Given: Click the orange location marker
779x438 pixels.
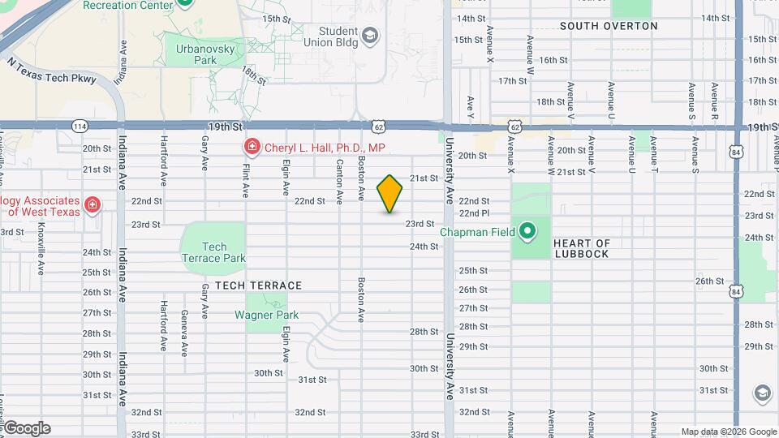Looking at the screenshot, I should point(390,194).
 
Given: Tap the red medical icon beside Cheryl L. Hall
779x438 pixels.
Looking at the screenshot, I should point(252,148).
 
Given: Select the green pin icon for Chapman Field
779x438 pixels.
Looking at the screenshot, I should point(527,233).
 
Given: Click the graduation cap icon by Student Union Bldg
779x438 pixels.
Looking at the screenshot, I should point(370,36).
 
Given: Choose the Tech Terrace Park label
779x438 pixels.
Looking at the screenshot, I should point(214,252).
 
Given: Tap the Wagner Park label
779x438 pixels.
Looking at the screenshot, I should point(266,316).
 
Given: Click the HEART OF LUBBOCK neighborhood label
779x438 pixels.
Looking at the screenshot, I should point(581,248).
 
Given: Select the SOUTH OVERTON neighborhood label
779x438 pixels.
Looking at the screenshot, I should point(609,26).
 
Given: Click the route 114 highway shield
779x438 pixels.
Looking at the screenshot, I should point(80,127).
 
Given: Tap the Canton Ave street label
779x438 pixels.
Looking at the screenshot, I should point(338,176).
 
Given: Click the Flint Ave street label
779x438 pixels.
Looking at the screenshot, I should point(245,178).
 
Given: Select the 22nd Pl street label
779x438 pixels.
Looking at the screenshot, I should point(474,213).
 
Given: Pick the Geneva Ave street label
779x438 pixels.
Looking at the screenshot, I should point(184,333).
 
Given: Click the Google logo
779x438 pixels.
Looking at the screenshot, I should point(26,428).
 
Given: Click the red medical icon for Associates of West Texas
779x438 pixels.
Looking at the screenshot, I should point(93,204).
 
